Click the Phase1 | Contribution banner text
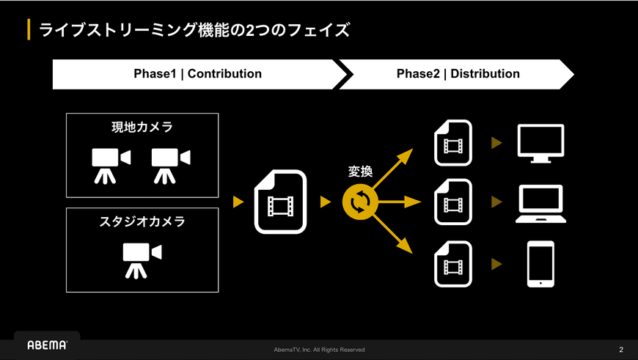[198, 73]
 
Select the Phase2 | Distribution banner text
[458, 73]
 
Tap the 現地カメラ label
[142, 127]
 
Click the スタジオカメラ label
[142, 221]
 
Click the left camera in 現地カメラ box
[111, 166]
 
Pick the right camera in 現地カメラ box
[171, 166]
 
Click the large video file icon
[280, 202]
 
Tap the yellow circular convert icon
[360, 202]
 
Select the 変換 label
[360, 172]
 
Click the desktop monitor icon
[540, 144]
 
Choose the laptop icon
[540, 204]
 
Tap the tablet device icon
[540, 264]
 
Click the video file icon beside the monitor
[453, 143]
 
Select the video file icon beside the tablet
[453, 264]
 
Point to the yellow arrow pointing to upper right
[392, 169]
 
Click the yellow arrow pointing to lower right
[392, 235]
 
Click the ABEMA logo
[47, 345]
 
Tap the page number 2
[621, 350]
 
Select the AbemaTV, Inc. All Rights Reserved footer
[319, 350]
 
